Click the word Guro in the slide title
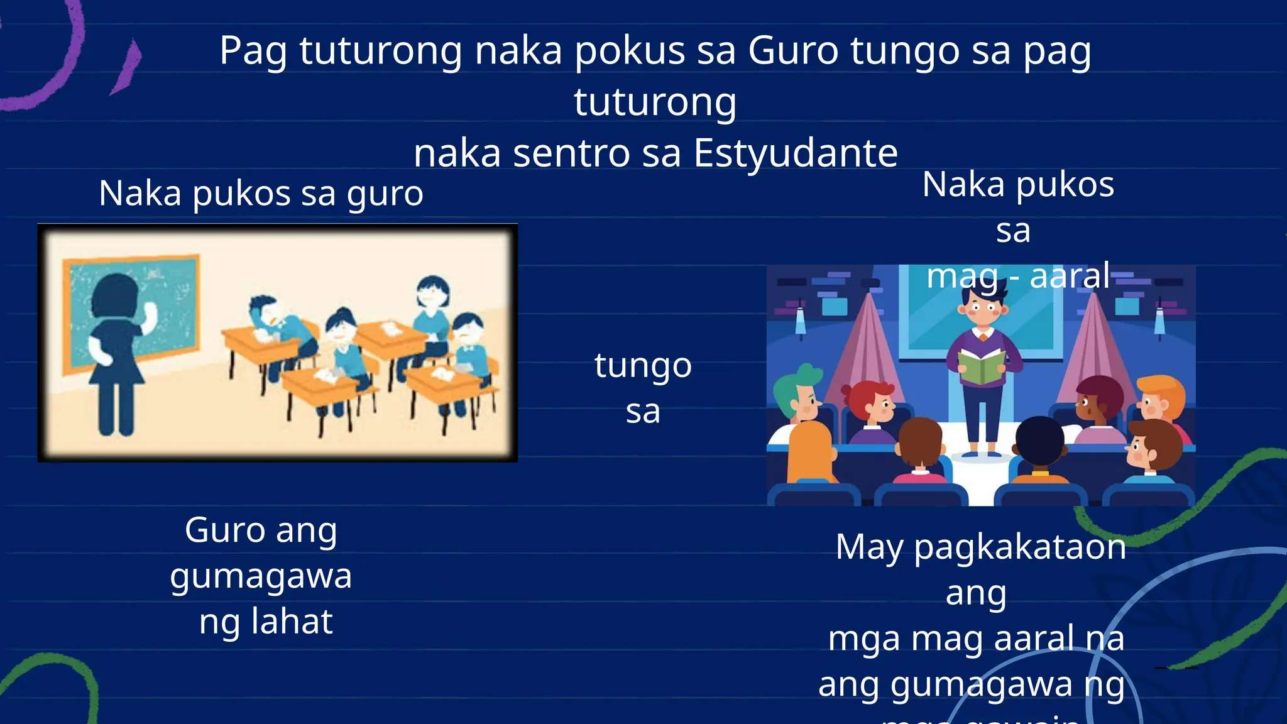[793, 51]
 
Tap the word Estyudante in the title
[796, 153]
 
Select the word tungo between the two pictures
[643, 366]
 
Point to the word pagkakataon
[1019, 547]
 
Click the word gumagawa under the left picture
[261, 576]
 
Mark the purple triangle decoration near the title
[128, 66]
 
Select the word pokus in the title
[630, 51]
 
